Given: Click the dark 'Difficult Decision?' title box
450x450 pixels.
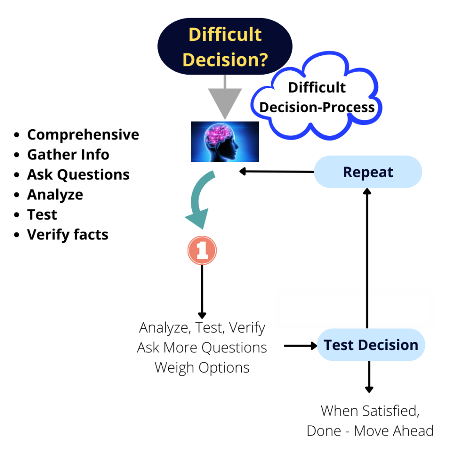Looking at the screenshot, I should coord(225,47).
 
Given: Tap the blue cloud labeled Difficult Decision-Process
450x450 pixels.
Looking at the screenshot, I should coord(317,98).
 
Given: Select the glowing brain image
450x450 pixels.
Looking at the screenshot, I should coord(225,142).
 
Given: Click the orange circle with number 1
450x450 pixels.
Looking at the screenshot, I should coord(202,250).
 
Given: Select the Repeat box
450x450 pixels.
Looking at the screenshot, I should coord(368,172).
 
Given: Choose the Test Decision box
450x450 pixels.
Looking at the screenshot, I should coord(371,345).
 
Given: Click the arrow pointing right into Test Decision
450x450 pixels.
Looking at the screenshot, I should coord(301,346).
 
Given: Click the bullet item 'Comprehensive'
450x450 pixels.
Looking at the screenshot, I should coord(83,134).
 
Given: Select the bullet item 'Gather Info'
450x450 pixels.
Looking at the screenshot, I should coord(68,155).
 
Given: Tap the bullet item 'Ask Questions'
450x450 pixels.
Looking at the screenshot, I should coord(78,174).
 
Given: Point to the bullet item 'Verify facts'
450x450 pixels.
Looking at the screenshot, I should coord(68,235).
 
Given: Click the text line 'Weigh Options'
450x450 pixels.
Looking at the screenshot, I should coord(202,367).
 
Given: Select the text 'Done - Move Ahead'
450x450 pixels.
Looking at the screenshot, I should coord(370,431).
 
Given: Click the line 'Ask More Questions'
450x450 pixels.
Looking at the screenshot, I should coord(202,348).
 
